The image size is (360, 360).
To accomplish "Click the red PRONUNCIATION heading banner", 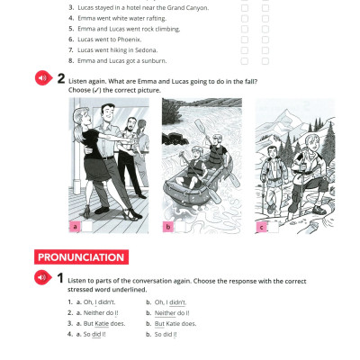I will pos(81,257).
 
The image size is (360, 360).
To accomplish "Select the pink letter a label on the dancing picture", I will pos(75,227).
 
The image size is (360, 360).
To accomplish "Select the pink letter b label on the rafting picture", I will pos(167,227).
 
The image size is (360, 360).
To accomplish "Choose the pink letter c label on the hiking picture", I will pos(262,227).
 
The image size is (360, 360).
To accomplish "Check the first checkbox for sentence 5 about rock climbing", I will pos(245,29).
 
